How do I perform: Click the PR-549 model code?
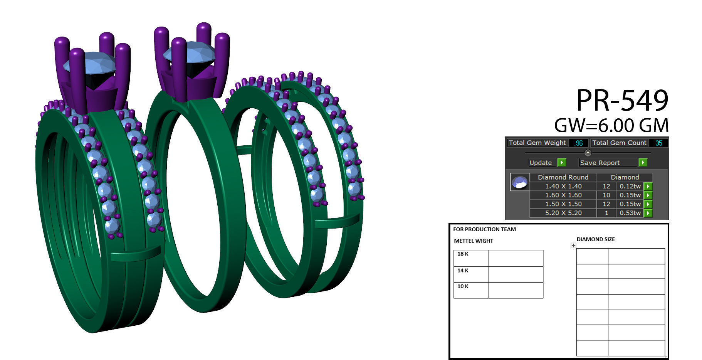click(622, 101)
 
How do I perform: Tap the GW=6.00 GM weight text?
click(611, 126)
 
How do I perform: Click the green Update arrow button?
click(562, 163)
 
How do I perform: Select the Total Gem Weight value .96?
click(578, 143)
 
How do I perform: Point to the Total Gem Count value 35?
click(658, 143)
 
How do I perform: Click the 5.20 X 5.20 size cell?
click(563, 213)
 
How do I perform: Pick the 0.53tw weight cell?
click(630, 213)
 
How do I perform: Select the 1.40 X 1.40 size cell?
click(563, 186)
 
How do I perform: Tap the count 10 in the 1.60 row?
click(606, 195)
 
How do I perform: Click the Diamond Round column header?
click(563, 177)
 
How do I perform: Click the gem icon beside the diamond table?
click(519, 182)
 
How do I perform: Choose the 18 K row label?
click(463, 254)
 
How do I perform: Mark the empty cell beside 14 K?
click(516, 274)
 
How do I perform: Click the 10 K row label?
click(463, 286)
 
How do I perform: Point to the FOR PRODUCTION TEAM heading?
click(484, 229)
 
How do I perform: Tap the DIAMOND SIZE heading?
click(595, 239)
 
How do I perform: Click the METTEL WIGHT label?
click(474, 241)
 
